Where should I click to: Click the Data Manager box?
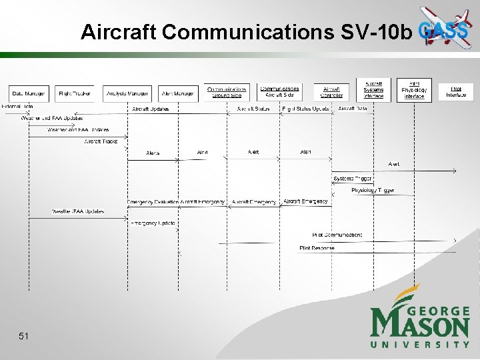tap(28, 93)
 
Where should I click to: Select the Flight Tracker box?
tap(74, 93)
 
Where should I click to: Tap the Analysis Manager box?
tap(127, 93)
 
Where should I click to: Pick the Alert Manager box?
tap(178, 93)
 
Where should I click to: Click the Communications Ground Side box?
tap(227, 91)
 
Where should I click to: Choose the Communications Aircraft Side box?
tap(279, 91)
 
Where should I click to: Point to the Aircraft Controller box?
tap(331, 91)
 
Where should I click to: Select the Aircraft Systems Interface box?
tap(373, 89)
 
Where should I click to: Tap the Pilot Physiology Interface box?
tap(414, 89)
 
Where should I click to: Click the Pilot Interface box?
tap(456, 91)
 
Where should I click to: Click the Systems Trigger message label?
tap(353, 178)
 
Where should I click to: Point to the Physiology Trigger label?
tap(373, 190)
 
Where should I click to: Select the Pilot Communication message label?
tap(337, 235)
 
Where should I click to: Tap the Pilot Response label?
tap(317, 248)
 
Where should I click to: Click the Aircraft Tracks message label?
tap(101, 141)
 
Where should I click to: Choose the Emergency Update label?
tap(153, 223)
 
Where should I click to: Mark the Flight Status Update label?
tap(305, 109)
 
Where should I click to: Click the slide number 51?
tap(24, 337)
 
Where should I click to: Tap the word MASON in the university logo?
tap(420, 325)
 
